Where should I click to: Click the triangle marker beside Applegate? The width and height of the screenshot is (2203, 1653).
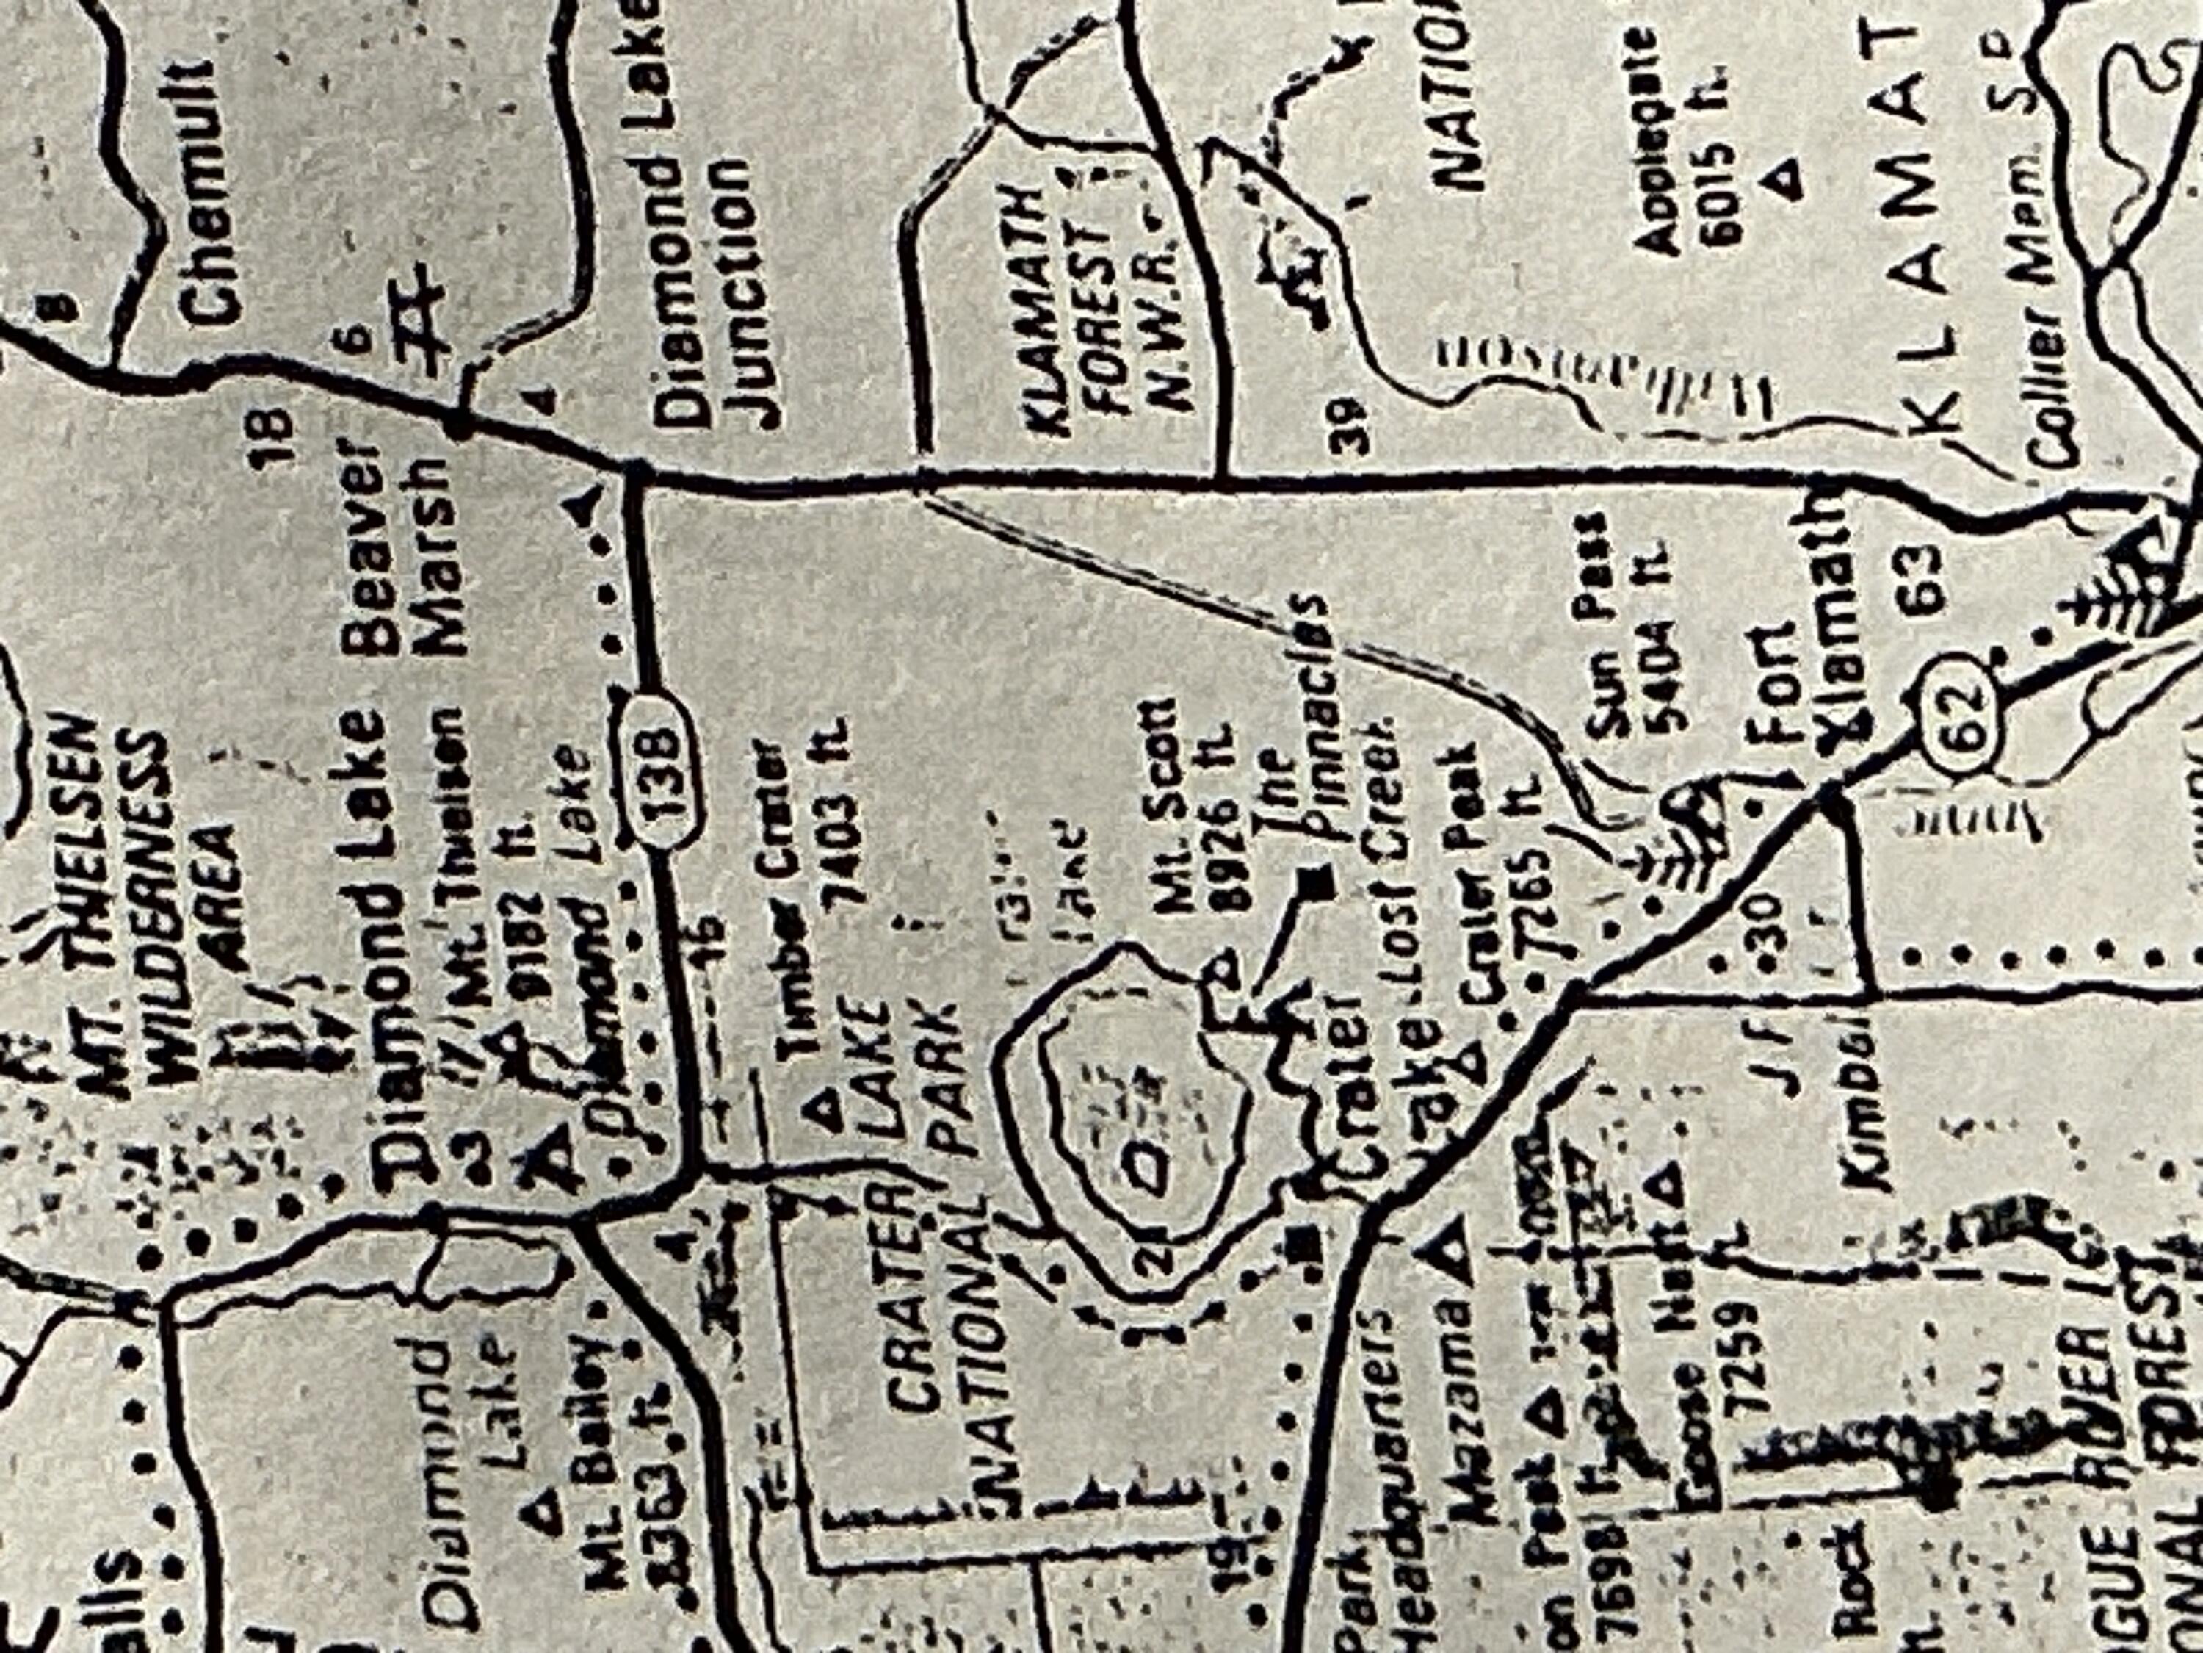click(x=1787, y=179)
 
